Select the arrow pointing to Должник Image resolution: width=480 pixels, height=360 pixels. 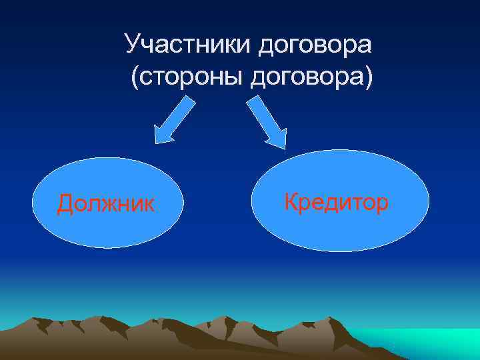[x=174, y=121]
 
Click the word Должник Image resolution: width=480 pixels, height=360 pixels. [x=105, y=203]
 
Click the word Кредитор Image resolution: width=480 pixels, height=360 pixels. [x=335, y=201]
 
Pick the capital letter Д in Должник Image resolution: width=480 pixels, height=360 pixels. [x=65, y=203]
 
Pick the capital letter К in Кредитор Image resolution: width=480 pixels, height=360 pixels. [x=291, y=201]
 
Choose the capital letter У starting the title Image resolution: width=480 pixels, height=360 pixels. [x=132, y=45]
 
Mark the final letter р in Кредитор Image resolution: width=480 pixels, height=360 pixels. [x=381, y=203]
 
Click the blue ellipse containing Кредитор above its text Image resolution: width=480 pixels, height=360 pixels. [x=340, y=170]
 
